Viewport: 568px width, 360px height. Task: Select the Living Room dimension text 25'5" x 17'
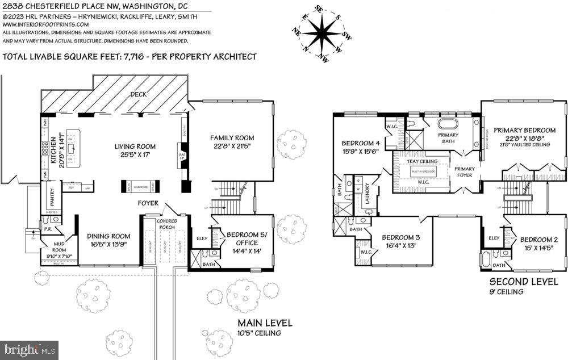pos(135,155)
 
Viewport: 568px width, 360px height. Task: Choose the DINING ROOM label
pos(108,236)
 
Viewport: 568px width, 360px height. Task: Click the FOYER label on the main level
pos(148,203)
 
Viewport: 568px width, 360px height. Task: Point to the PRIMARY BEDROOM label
pos(524,129)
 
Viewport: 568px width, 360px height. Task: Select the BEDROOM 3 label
pos(400,237)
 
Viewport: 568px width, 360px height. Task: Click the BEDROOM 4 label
pos(360,143)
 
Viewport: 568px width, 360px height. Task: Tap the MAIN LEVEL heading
pos(265,323)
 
